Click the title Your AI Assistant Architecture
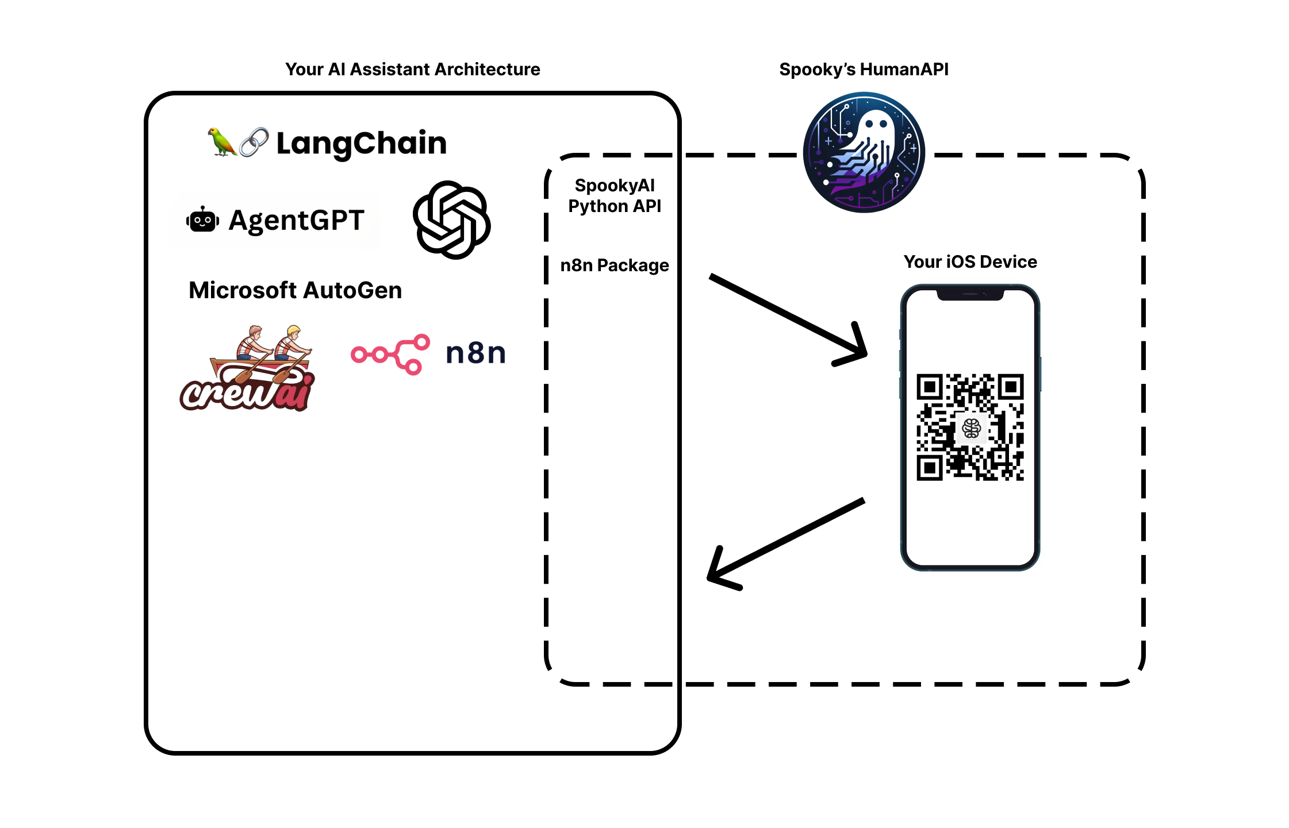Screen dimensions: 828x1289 [412, 70]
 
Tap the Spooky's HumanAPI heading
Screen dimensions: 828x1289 [864, 70]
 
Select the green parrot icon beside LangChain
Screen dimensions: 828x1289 [221, 141]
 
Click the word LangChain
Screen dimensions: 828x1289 [362, 143]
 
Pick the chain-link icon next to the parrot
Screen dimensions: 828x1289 [254, 142]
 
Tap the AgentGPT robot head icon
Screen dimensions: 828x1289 [202, 220]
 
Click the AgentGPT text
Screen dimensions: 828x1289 [296, 221]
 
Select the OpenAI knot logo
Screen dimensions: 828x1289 [451, 220]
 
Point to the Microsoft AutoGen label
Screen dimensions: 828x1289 [295, 290]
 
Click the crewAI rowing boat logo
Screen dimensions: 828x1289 [248, 369]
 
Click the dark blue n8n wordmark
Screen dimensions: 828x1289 [475, 353]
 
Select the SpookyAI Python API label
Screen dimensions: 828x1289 [615, 196]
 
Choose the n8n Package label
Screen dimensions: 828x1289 [615, 265]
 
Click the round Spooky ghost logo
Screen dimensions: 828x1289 [864, 153]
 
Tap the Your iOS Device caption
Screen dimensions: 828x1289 [970, 262]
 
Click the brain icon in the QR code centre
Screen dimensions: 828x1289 [971, 428]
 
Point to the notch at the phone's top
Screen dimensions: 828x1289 [970, 295]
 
